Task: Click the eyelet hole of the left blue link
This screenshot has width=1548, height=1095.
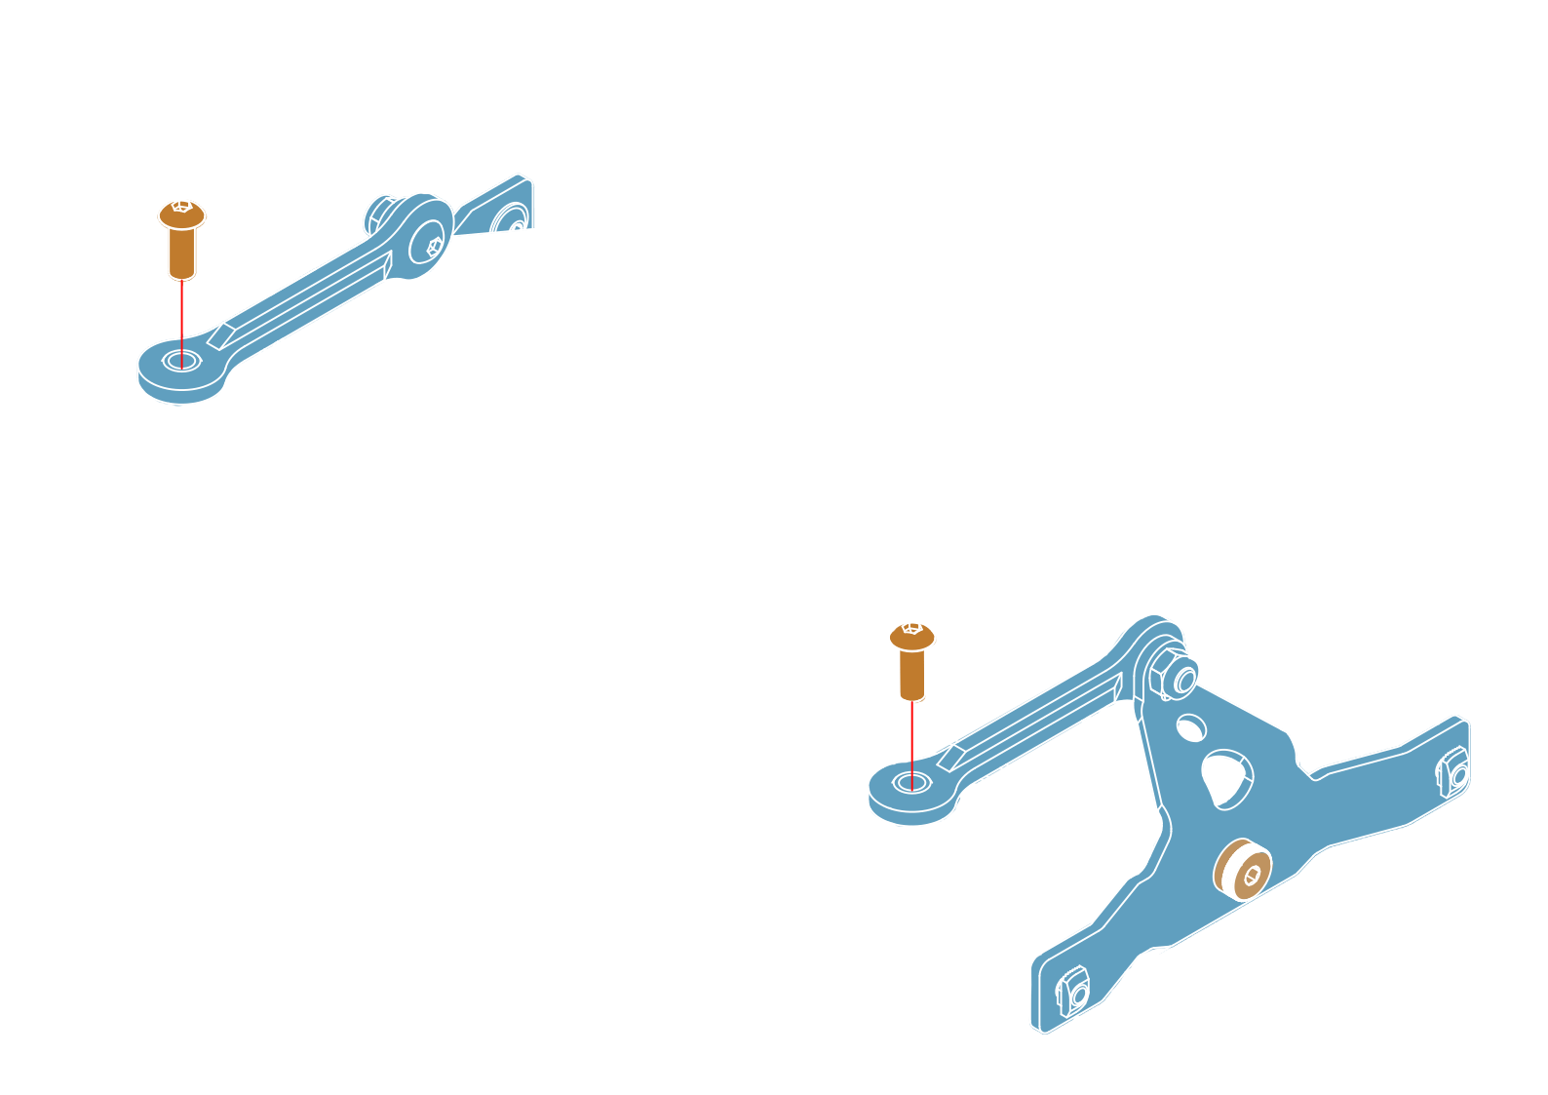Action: tap(181, 362)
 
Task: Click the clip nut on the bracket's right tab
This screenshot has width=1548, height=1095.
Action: tap(1453, 773)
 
